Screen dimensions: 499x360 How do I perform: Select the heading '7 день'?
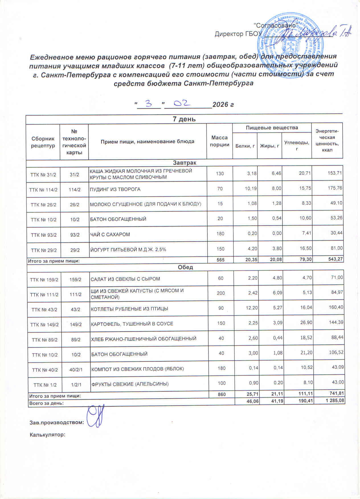(184, 119)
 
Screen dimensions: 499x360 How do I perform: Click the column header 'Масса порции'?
(220, 141)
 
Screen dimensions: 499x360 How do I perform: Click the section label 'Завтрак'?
(185, 163)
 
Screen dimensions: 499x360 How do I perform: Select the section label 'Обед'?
(185, 267)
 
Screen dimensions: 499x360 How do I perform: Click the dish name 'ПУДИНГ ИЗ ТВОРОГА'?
(115, 189)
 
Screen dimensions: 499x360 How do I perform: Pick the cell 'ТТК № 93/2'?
(44, 235)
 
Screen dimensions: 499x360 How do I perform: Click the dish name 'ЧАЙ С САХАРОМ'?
(110, 235)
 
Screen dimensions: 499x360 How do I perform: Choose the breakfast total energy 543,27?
(334, 259)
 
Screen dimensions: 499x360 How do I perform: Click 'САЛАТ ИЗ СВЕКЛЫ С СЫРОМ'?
(125, 279)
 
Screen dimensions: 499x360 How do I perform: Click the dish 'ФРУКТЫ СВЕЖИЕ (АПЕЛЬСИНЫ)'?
(130, 384)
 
